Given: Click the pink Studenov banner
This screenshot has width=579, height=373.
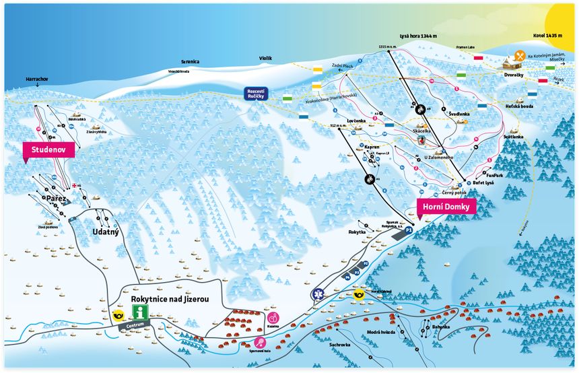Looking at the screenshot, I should [47, 149].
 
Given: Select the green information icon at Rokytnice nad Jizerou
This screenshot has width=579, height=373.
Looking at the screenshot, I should [140, 312].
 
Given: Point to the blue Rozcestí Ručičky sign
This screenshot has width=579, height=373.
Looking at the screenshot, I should [257, 94].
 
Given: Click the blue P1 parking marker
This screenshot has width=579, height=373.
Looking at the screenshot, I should [408, 230].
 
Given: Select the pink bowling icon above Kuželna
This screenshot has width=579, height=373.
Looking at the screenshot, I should [273, 317].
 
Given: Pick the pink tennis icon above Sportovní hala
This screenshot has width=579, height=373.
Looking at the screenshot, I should [260, 342].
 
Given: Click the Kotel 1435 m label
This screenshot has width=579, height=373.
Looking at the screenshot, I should [546, 36].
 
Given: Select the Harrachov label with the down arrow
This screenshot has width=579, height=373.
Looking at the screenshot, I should [36, 79].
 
